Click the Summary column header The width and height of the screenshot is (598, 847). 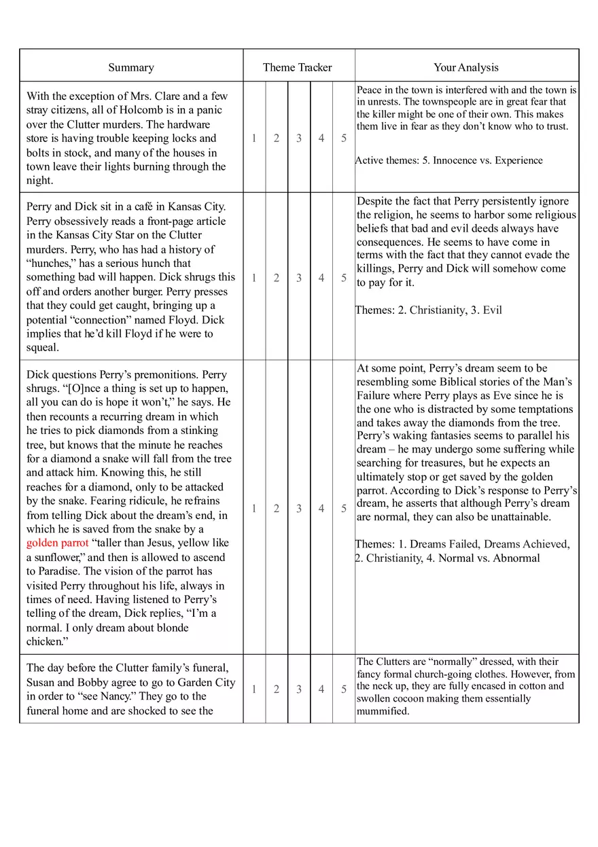[131, 67]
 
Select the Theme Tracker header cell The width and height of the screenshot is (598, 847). [298, 67]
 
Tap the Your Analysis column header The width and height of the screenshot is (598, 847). [466, 67]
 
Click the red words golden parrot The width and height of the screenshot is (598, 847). [57, 543]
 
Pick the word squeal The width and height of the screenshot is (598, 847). [43, 348]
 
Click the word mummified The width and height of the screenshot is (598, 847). [383, 711]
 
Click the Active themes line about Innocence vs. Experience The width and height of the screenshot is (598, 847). [449, 160]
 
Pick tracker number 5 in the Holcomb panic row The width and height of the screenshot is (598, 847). [344, 138]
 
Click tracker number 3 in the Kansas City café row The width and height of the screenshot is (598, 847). [299, 278]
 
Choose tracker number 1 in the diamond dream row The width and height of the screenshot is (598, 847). [254, 508]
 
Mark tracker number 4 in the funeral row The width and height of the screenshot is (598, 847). [321, 689]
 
